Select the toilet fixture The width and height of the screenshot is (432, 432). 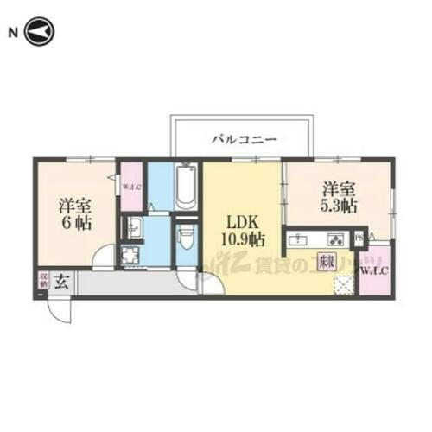pos(187,237)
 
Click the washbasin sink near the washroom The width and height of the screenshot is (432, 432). pos(134,229)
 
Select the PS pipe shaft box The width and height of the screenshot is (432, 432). pos(358,238)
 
